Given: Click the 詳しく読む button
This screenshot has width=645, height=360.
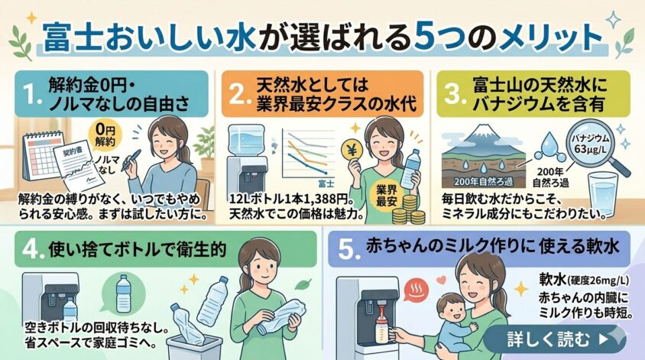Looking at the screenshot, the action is coord(555,339).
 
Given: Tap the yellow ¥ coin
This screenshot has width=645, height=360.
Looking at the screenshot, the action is coord(352,151).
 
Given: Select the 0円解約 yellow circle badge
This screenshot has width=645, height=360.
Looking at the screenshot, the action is coord(105,136).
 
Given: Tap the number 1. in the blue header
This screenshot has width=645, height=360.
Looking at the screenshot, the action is coord(31,95).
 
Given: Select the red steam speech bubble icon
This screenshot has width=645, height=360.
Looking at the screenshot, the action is coord(416,290).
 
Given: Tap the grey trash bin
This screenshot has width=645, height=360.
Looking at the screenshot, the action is coord(194,348).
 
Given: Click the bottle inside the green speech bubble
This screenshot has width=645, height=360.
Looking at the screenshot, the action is coord(123,294).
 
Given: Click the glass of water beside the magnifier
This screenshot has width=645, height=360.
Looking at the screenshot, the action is coord(602,193).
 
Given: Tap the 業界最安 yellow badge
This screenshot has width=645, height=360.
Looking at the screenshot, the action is coord(387,196).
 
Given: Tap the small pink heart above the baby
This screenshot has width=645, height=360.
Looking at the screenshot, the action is coord(441,281).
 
